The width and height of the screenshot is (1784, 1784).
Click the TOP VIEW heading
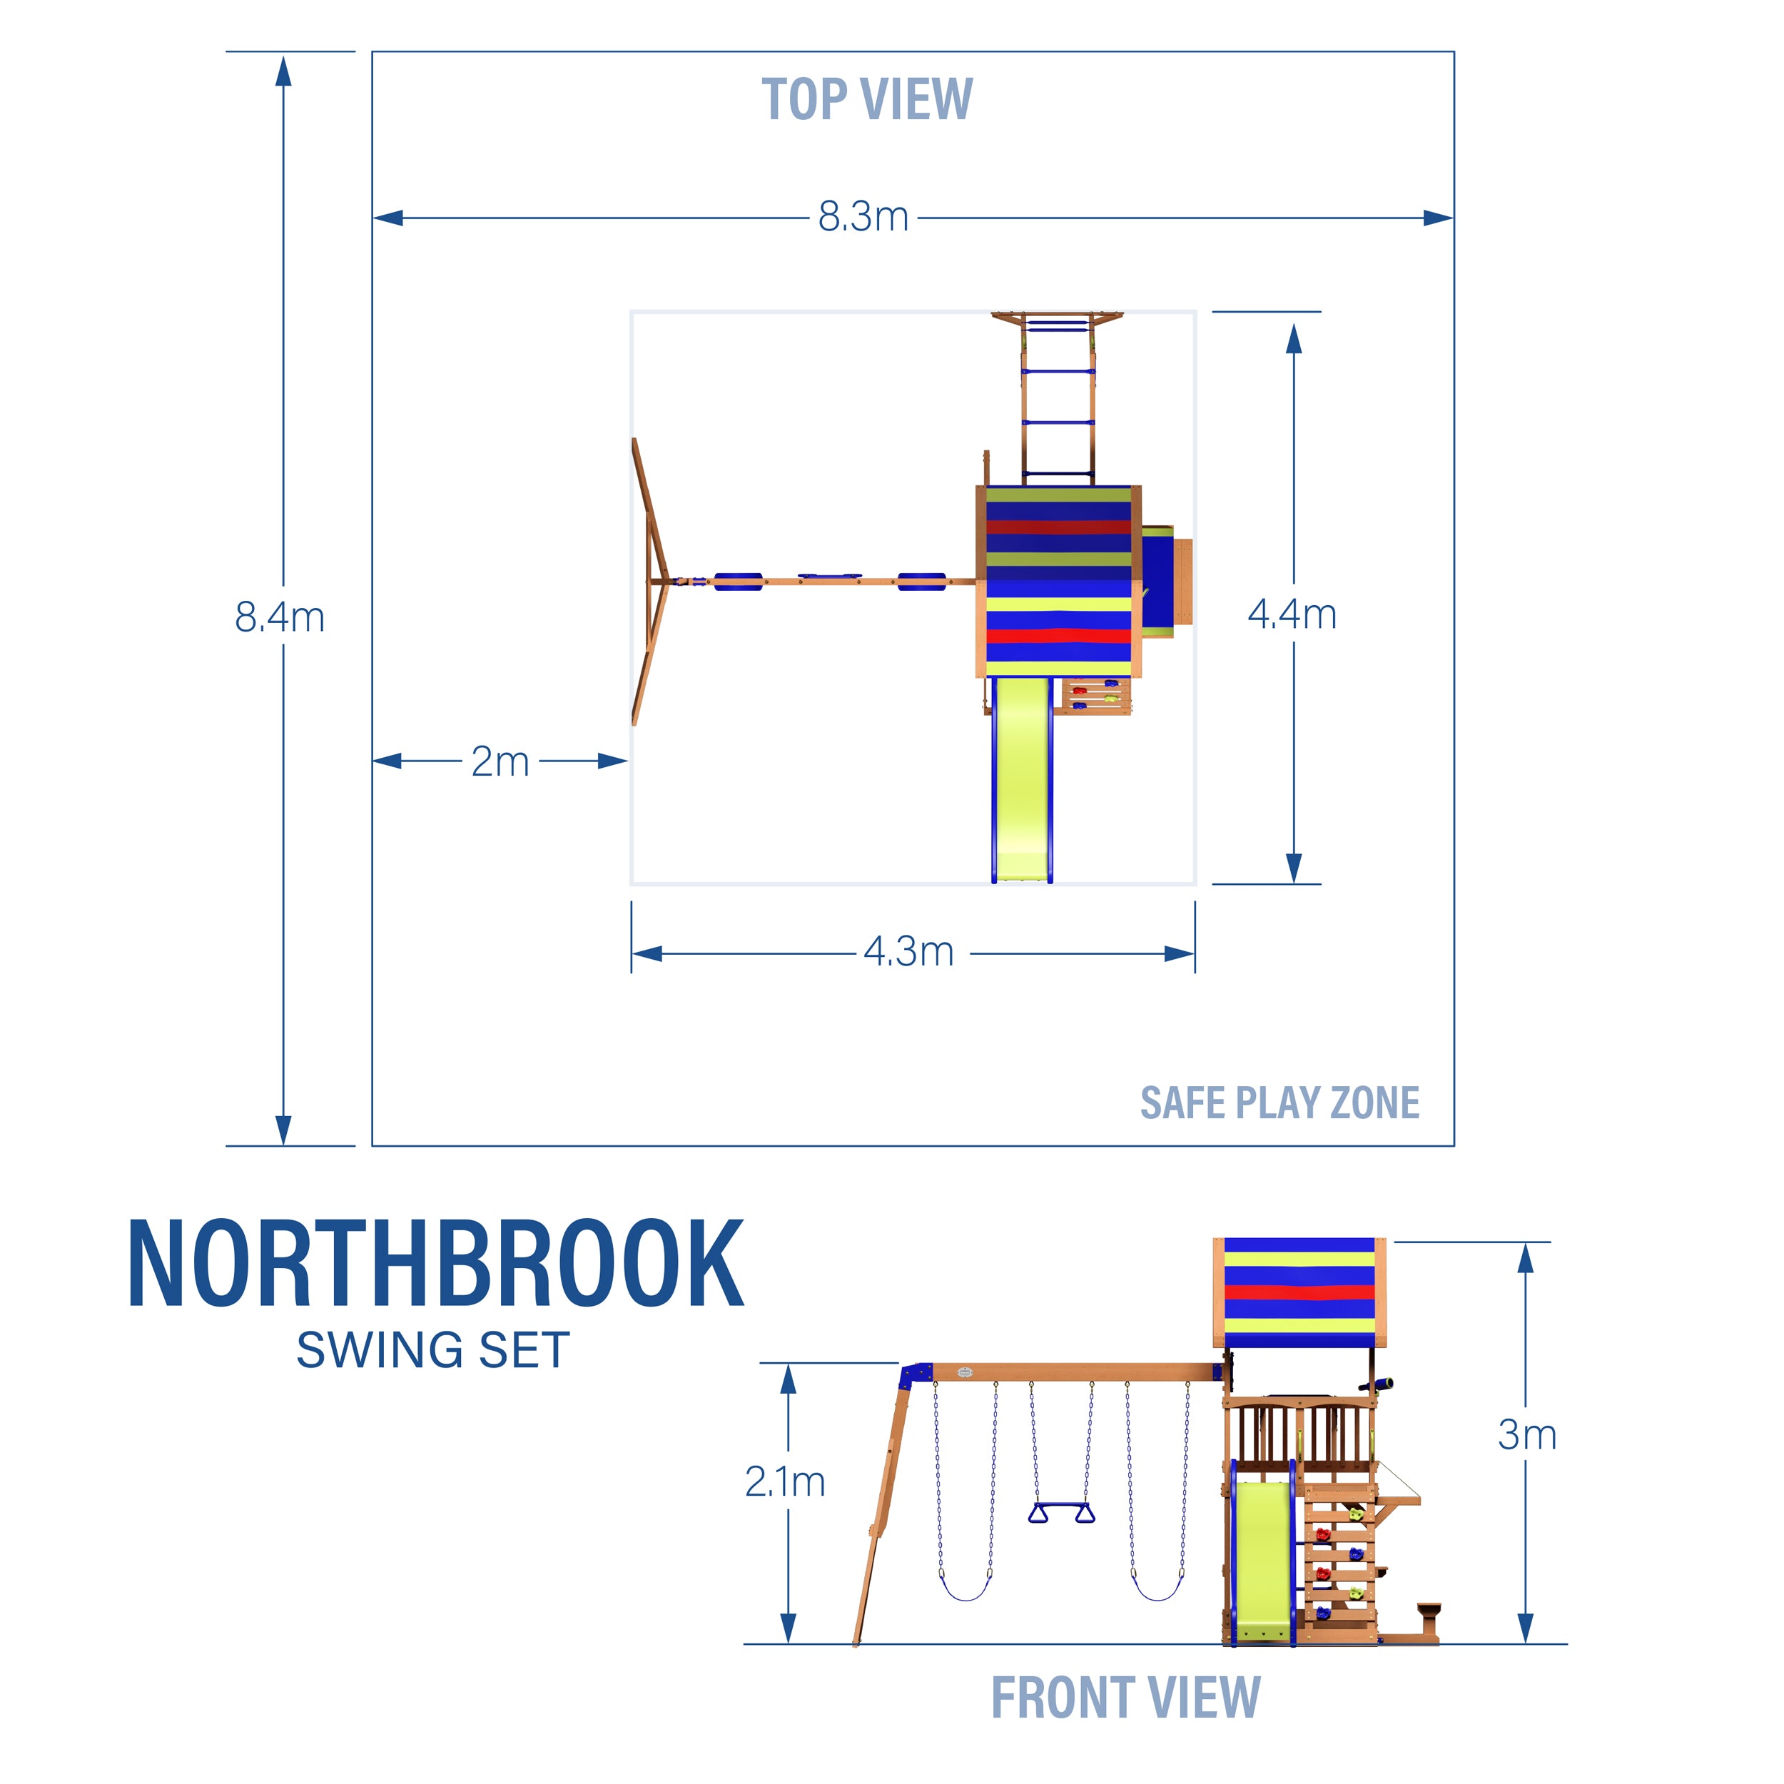click(866, 100)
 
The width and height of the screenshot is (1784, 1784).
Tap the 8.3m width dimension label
click(863, 218)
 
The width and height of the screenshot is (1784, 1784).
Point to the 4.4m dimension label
click(1292, 615)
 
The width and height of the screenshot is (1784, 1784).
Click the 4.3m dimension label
click(908, 952)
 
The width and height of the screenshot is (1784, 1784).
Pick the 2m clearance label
click(500, 762)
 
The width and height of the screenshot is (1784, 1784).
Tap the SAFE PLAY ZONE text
click(1279, 1103)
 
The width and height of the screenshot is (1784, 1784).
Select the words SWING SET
click(433, 1351)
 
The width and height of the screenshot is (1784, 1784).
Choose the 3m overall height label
click(1526, 1435)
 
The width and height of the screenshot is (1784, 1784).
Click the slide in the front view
click(1262, 1560)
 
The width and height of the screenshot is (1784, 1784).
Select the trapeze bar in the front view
click(1061, 1511)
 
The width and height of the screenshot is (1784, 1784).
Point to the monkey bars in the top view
click(1058, 397)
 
